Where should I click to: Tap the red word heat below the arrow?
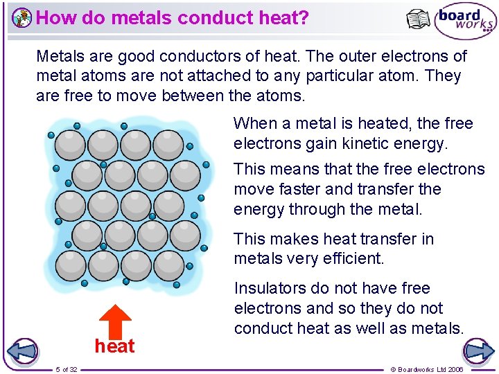pyautogui.click(x=114, y=346)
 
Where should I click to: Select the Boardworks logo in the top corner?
pyautogui.click(x=466, y=22)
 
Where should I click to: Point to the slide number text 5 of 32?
pyautogui.click(x=67, y=369)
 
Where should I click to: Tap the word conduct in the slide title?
pyautogui.click(x=194, y=17)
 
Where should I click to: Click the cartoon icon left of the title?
pyautogui.click(x=22, y=18)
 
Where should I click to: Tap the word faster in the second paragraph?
pyautogui.click(x=294, y=189)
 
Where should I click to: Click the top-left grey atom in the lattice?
pyautogui.click(x=70, y=145)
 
